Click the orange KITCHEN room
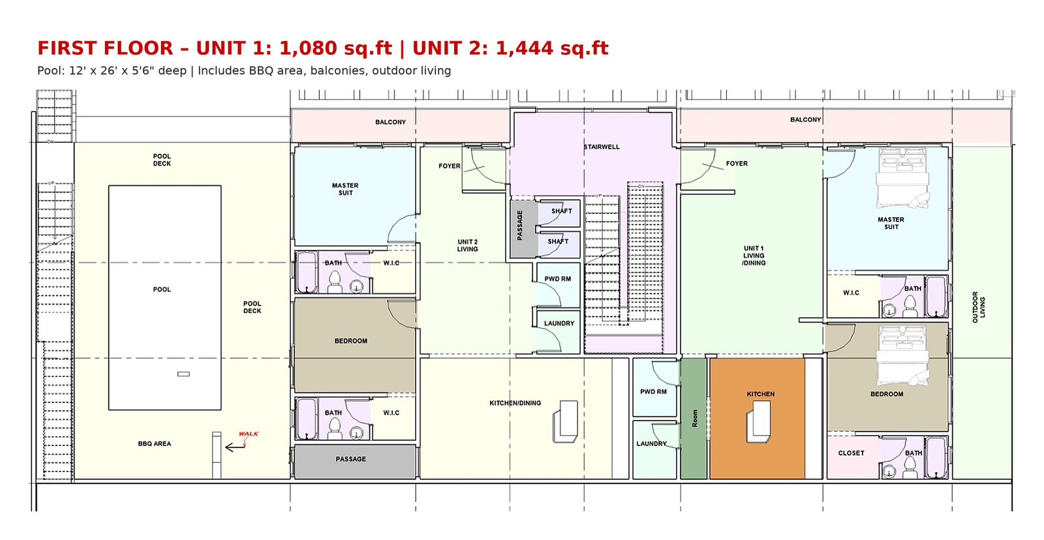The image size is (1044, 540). pos(758,419)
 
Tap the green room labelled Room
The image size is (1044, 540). pos(694,419)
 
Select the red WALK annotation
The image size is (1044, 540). pos(249,434)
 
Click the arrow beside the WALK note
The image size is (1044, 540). pos(235,447)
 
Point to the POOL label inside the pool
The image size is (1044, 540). pos(162,290)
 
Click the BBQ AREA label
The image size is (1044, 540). pos(154,443)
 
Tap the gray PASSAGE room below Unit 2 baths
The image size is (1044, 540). pos(355,461)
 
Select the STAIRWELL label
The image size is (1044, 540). pos(602,147)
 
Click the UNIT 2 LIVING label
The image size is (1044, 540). pos(467,245)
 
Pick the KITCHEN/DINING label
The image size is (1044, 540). pos(515,403)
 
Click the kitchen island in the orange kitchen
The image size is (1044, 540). pos(758,422)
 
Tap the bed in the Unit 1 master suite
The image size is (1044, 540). pos(903,178)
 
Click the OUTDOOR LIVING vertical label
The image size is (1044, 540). pos(978,307)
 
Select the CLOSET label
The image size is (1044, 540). pos(851,453)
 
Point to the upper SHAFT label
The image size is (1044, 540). pos(562,211)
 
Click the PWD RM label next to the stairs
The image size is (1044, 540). pos(558,279)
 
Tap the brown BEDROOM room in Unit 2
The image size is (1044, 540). pos(355,345)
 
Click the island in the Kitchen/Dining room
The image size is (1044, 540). pos(565,421)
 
